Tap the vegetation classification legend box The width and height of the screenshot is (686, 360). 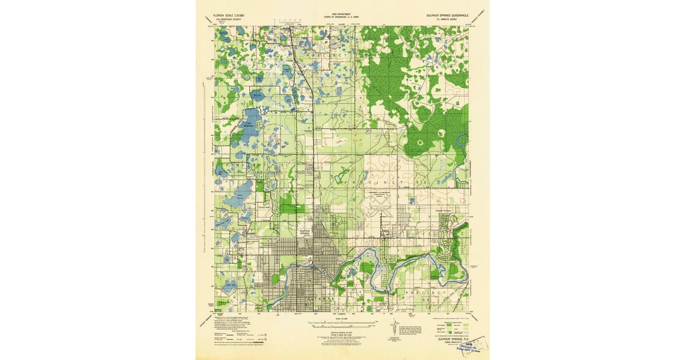click(x=450, y=329)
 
